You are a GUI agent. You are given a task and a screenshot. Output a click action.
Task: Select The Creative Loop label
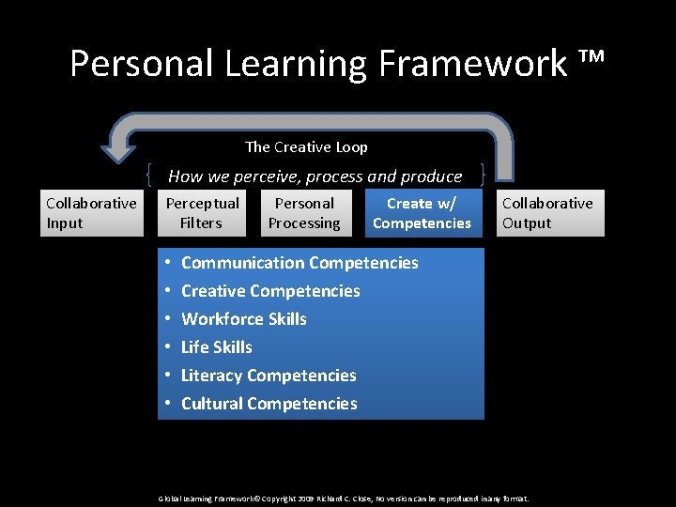point(306,146)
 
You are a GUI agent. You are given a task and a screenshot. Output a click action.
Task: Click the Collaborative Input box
point(91,213)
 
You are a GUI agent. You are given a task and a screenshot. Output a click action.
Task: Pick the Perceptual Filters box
point(202,213)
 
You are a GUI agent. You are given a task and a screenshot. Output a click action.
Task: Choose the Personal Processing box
point(303,213)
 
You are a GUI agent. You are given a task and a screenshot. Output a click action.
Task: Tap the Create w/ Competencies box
point(422,213)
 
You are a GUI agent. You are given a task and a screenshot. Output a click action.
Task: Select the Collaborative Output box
point(547,213)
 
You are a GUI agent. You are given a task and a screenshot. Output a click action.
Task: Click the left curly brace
point(151,175)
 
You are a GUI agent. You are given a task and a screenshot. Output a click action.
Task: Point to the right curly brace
point(482,175)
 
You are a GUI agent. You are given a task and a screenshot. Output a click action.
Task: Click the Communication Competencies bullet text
point(300,263)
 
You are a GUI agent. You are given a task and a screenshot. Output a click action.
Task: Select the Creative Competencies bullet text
point(270,291)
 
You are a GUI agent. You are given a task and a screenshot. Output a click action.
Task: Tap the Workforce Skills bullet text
point(244,319)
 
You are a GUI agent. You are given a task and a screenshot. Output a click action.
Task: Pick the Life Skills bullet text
point(217,347)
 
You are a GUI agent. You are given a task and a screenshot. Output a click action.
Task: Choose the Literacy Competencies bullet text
point(269,376)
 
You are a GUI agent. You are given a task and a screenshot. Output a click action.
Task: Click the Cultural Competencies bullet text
point(269,404)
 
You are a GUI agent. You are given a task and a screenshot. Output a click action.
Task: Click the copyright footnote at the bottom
point(344,498)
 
